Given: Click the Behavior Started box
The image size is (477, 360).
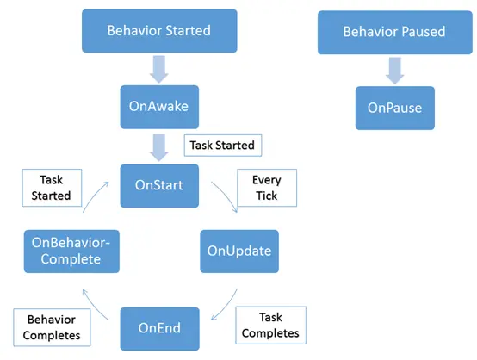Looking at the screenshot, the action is tap(159, 31).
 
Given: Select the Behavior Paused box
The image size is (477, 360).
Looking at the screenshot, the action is tap(395, 33).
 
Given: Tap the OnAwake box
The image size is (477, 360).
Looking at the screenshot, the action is tap(159, 107).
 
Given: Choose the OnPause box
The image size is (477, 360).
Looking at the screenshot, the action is tap(395, 108).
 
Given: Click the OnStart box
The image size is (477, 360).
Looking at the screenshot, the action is tap(159, 186).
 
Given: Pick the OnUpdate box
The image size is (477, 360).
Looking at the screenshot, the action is tap(239, 251).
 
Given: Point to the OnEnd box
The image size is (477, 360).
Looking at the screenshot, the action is tap(159, 329).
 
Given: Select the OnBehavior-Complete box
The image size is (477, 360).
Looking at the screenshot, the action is tap(71, 251).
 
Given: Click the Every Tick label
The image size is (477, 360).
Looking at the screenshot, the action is tap(267, 188).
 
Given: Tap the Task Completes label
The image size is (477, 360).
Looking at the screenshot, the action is tap(270, 326).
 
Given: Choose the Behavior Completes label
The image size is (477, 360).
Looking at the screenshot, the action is tap(52, 327).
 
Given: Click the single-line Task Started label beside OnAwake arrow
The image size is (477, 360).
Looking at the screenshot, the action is tap(223, 146).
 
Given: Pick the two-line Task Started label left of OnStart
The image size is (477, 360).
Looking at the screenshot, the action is tap(52, 188).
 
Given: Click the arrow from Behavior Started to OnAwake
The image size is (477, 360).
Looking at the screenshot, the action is tap(158, 69).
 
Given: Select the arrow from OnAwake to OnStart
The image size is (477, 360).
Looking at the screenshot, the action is tap(158, 147).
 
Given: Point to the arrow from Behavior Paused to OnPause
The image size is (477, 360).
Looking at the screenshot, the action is tap(395, 71).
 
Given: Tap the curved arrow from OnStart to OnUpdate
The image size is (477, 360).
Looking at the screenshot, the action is tap(226, 194).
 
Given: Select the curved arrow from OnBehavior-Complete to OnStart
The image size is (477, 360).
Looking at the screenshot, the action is tap(93, 196).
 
